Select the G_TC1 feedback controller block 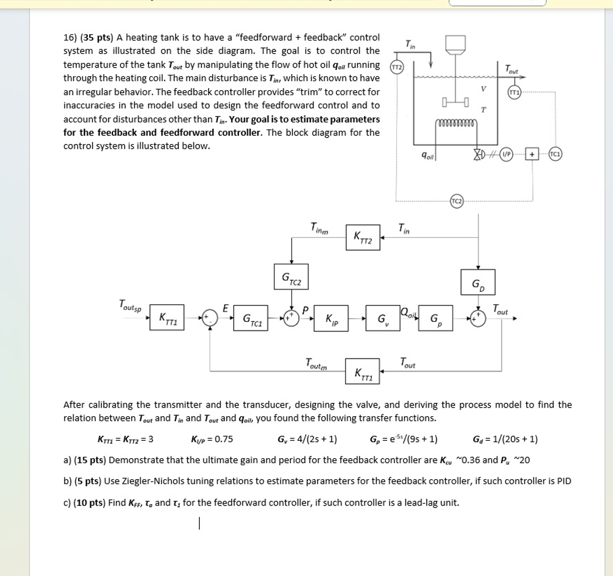(x=251, y=318)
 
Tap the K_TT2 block (x=362, y=237)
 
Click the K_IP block (x=331, y=318)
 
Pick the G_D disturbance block (x=478, y=283)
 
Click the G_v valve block (x=383, y=318)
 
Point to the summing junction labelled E (x=210, y=318)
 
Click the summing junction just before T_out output (x=478, y=318)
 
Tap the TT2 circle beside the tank (x=397, y=66)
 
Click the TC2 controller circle (x=456, y=202)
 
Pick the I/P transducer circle (x=508, y=154)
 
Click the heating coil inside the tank (x=457, y=123)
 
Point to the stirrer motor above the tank (x=456, y=44)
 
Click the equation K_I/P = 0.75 (x=212, y=439)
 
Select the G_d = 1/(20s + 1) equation (x=506, y=439)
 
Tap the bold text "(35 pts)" (x=96, y=38)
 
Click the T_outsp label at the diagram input (x=132, y=305)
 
